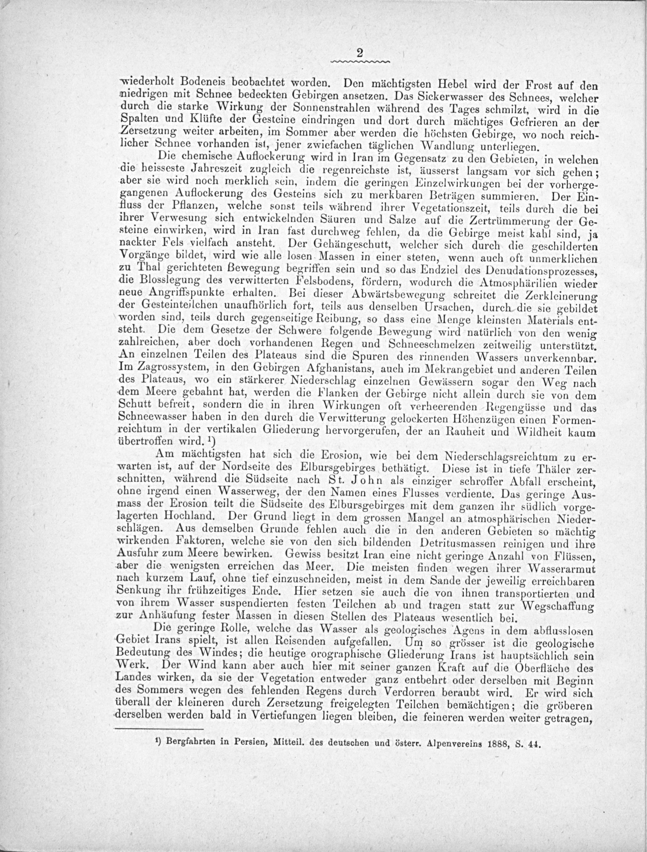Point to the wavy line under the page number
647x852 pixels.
360,62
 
